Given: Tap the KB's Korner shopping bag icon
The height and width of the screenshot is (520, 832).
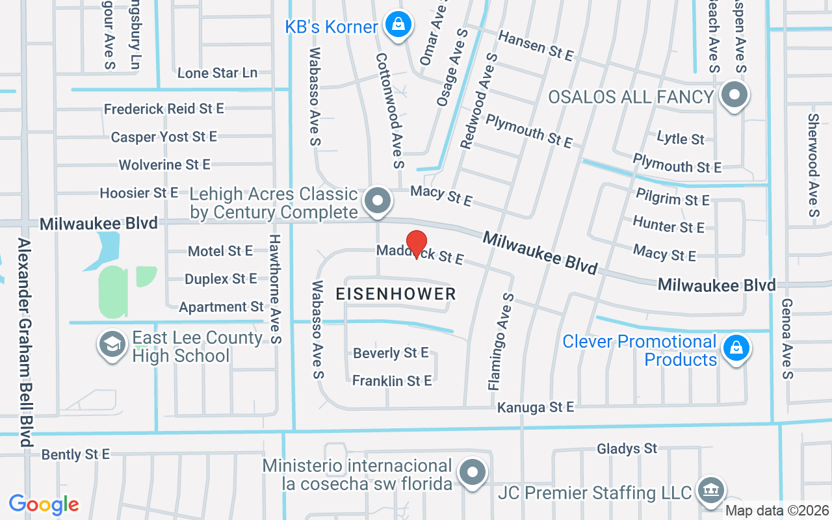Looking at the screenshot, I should coord(398,25).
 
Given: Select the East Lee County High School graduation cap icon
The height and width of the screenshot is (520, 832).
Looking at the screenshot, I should coord(112,345).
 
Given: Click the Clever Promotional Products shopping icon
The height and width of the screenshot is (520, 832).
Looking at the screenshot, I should coord(736,348).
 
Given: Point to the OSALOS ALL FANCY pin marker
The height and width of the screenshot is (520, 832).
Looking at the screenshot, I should coord(734,96).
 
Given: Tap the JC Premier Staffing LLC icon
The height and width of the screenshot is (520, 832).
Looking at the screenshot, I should coord(709,491).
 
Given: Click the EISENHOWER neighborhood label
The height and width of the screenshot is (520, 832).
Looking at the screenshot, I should coord(396,294).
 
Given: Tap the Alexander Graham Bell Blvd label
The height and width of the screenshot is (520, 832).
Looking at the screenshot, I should coord(25,342).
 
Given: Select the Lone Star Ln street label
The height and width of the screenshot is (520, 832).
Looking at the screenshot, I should coord(217,73).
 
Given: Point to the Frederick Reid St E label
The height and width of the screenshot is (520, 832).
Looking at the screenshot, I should coord(164,109).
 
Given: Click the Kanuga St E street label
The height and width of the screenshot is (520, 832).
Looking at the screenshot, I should coord(536,408).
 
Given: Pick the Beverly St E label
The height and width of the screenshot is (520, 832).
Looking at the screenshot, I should coord(391,353).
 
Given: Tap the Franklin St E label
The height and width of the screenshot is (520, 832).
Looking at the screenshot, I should coord(392,381).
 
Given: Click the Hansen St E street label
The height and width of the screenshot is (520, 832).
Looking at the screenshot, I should coord(536,46).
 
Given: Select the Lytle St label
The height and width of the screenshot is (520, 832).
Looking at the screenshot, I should coord(681,138).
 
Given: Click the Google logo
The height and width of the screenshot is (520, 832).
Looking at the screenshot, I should coord(44,504).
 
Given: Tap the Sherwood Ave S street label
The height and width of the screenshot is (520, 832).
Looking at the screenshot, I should coord(813,165).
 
